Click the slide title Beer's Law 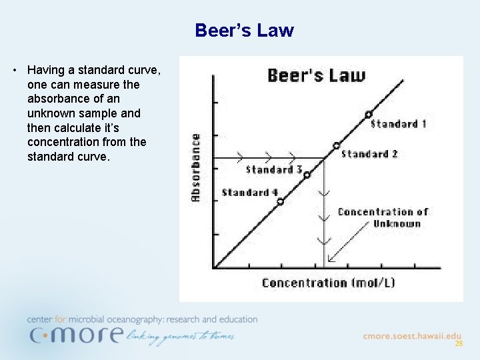click(244, 31)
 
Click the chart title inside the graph click(316, 75)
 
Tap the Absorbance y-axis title click(196, 167)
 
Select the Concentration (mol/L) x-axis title click(328, 283)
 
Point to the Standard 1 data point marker click(368, 115)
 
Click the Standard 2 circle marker click(336, 145)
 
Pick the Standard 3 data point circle click(307, 175)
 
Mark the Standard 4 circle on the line click(280, 201)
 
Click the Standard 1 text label click(398, 124)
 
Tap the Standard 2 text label click(369, 154)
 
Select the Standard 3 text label click(274, 169)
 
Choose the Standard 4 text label click(249, 193)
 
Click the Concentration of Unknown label click(383, 217)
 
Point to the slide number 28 click(459, 344)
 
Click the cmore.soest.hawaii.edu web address click(412, 336)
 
